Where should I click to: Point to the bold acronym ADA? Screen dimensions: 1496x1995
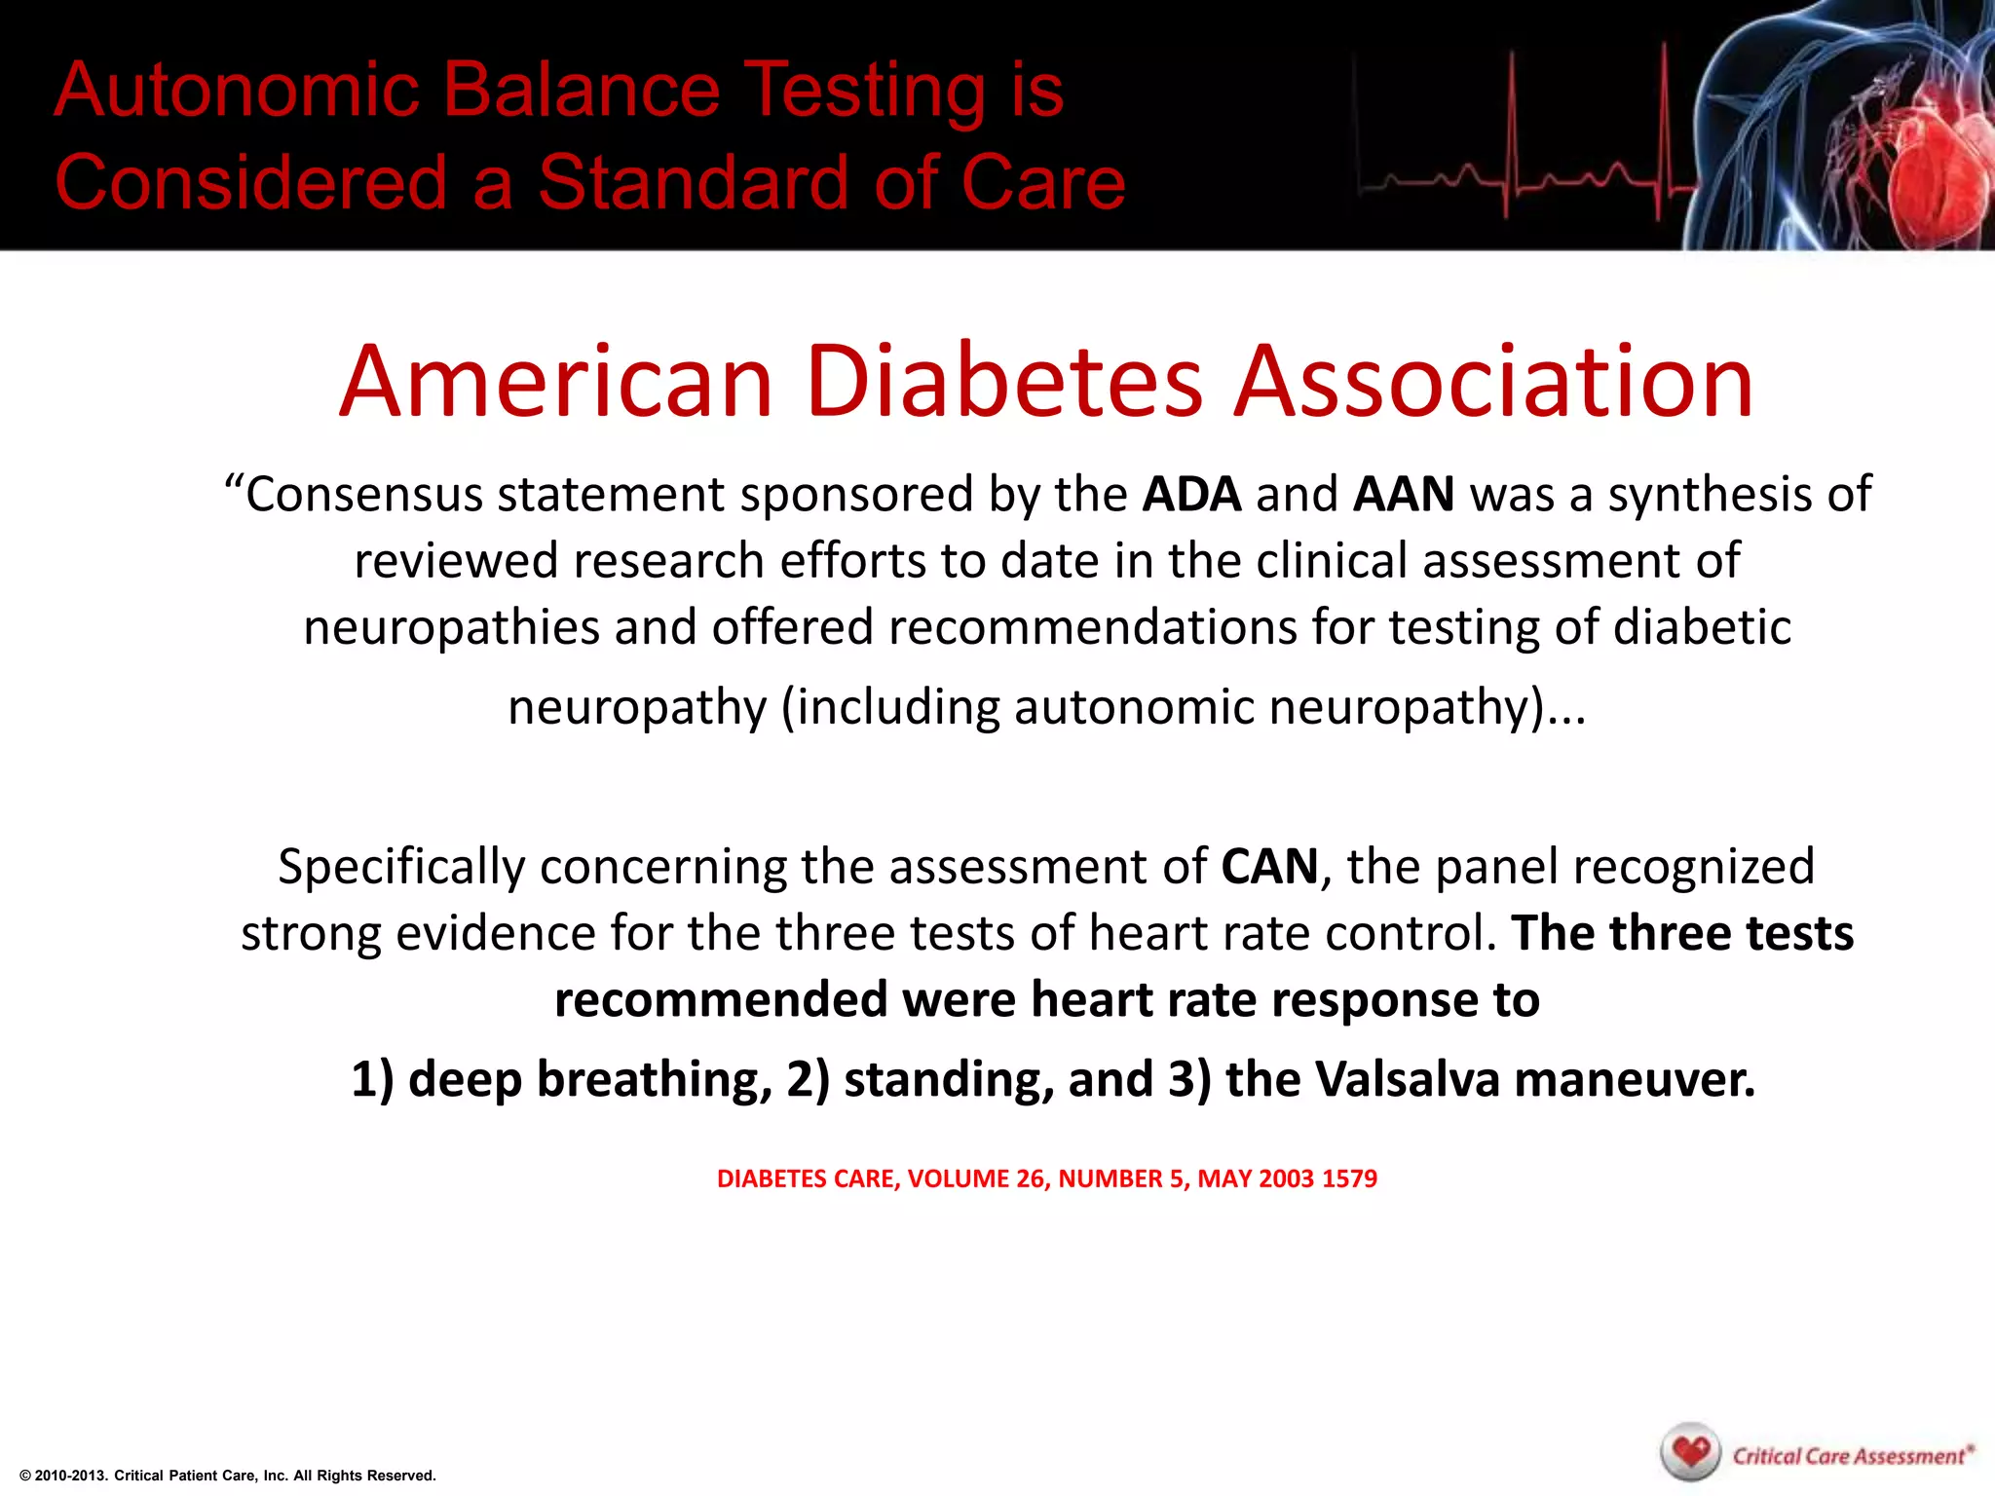1191,495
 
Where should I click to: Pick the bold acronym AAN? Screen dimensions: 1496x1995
1404,495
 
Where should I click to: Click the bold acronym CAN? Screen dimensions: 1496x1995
1269,866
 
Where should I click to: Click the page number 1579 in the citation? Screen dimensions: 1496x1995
1349,1178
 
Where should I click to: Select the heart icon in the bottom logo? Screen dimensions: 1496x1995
1692,1454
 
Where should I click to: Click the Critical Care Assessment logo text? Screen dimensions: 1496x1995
1849,1456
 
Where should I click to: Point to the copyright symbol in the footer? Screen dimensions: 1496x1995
25,1476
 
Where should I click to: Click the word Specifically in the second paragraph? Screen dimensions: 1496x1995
400,866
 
